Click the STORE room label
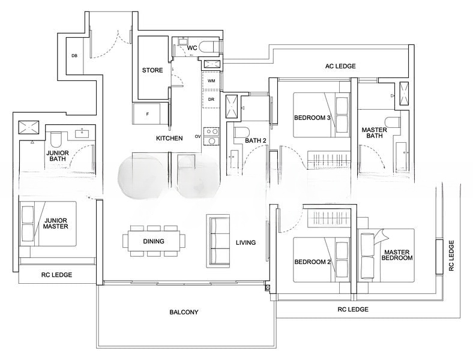(x=152, y=70)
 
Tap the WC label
(x=192, y=47)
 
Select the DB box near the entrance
(x=74, y=56)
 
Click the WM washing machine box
(x=211, y=80)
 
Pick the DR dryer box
(x=211, y=99)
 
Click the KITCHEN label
(x=169, y=139)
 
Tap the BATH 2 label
(x=256, y=141)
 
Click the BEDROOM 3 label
(x=312, y=118)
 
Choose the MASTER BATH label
(x=373, y=133)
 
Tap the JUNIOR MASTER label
(x=55, y=223)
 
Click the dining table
(x=153, y=241)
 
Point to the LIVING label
(x=246, y=243)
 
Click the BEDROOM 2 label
(x=312, y=262)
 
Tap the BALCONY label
(x=183, y=312)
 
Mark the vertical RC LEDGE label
(x=451, y=256)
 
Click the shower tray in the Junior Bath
(x=29, y=127)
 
